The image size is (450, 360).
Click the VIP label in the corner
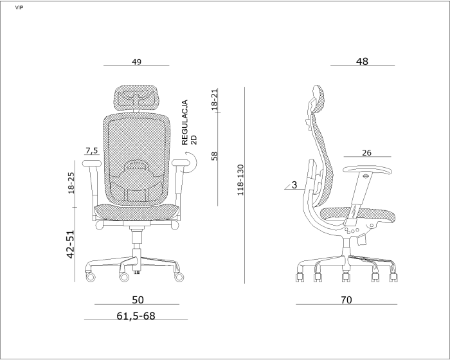[x=19, y=8]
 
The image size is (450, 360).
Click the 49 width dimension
[x=136, y=62]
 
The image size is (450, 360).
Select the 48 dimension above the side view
[x=362, y=61]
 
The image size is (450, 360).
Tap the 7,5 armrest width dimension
[x=91, y=150]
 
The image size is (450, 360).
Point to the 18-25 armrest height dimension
[x=71, y=183]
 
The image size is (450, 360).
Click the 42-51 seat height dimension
[x=71, y=244]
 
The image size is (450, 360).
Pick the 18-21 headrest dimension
[x=214, y=100]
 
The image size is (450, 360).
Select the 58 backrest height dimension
[x=214, y=156]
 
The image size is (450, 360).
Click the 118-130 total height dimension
[x=240, y=180]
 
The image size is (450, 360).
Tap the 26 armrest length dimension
[x=366, y=153]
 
